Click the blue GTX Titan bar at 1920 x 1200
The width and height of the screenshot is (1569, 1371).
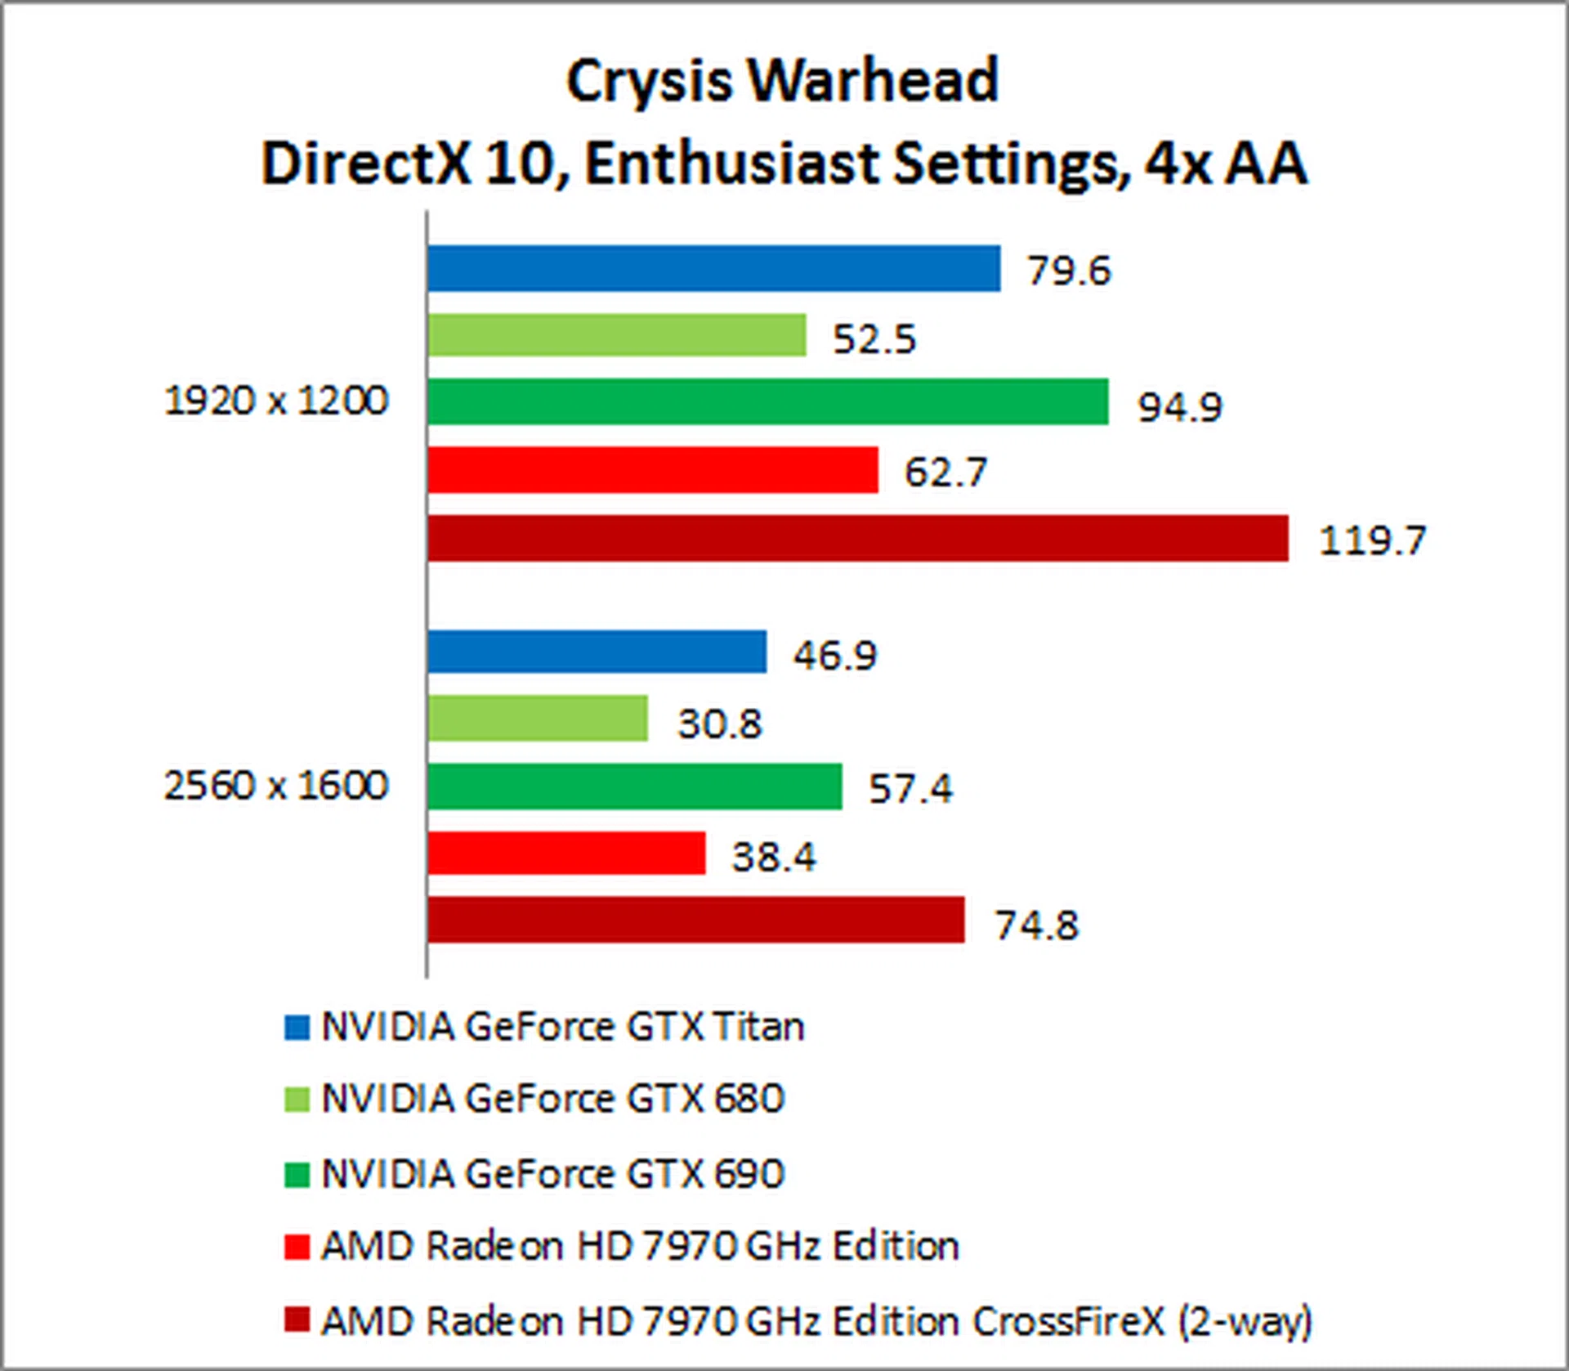click(x=713, y=268)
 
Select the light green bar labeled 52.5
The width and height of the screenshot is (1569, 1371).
click(x=616, y=335)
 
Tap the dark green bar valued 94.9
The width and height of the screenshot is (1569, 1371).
click(x=767, y=402)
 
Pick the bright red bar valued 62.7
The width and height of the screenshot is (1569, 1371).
click(x=652, y=470)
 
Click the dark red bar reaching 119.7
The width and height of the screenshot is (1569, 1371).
click(x=857, y=538)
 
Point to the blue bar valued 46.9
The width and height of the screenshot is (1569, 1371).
click(x=597, y=652)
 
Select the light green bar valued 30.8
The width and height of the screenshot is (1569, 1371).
click(x=537, y=719)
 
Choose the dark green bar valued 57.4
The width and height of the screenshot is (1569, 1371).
click(x=634, y=786)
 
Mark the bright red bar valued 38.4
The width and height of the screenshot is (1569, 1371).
click(x=565, y=854)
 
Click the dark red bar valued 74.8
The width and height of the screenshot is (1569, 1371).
click(x=695, y=921)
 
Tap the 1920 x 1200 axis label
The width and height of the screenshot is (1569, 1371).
click(x=276, y=401)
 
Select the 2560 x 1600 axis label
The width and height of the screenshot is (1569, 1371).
click(x=276, y=786)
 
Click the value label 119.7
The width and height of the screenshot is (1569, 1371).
click(x=1372, y=540)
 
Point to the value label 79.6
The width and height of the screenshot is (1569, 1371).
click(x=1069, y=271)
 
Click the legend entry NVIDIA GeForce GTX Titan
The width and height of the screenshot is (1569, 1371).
click(x=562, y=1027)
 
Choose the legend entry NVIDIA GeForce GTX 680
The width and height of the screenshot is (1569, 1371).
click(x=552, y=1099)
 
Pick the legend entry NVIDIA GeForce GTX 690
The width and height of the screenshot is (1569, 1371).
click(x=552, y=1174)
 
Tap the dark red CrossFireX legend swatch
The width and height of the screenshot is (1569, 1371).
click(x=297, y=1319)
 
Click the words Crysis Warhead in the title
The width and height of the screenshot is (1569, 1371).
click(x=782, y=81)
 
